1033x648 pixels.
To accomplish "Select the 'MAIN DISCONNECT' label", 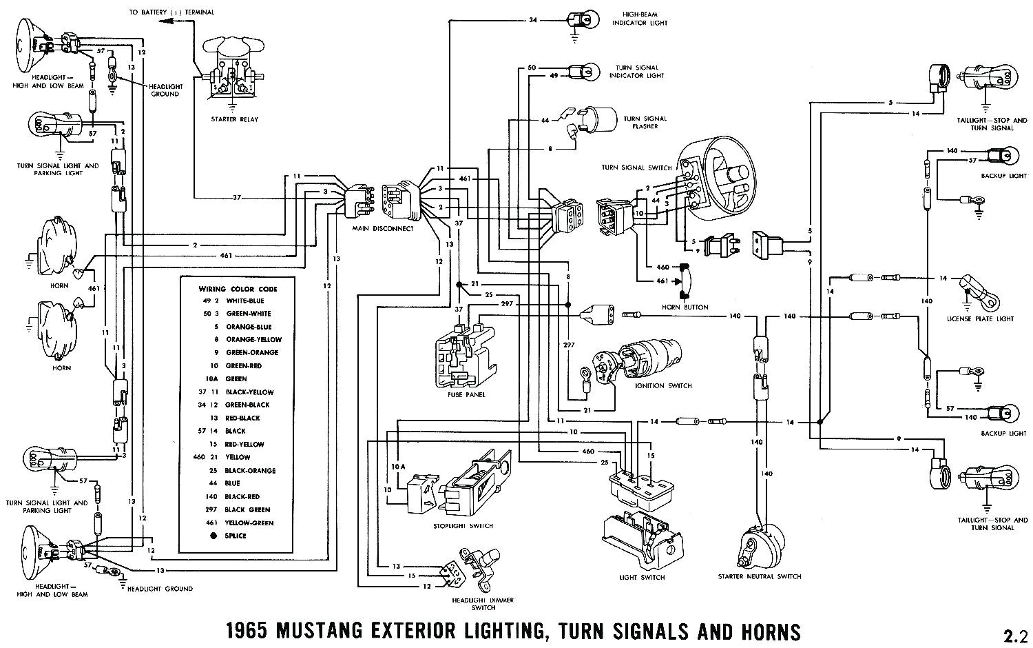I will coord(382,228).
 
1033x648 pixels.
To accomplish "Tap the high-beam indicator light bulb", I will coord(576,21).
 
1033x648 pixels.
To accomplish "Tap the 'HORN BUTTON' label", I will coord(685,307).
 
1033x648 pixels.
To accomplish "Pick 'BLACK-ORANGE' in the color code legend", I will coord(251,470).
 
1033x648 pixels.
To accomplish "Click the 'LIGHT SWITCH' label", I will coord(643,577).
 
